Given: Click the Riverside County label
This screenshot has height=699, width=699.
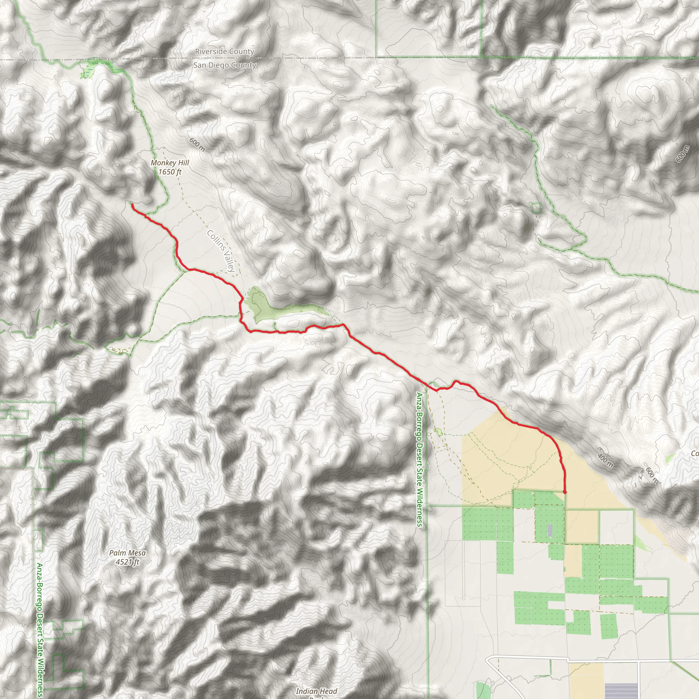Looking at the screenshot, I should pos(224,52).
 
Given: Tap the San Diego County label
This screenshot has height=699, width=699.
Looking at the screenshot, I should pos(224,66).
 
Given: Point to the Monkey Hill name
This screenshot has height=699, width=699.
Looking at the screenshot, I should pos(170,163).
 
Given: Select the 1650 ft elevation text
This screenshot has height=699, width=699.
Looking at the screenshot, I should pos(170,172).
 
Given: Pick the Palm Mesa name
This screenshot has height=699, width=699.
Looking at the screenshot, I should pos(127,553).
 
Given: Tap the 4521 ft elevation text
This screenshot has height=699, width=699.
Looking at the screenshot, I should pos(127,562).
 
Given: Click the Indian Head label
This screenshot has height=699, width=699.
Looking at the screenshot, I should pos(316,691).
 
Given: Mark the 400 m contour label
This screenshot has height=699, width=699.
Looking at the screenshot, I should pos(605,460).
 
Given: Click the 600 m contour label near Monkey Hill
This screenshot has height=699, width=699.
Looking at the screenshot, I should pos(197,145).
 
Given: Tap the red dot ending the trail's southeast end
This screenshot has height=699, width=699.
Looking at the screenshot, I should pos(565,493).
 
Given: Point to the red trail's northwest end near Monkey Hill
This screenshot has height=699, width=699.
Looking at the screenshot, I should pos(132,205).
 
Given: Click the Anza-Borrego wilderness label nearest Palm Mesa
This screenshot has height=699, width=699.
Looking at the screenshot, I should pos(40,629).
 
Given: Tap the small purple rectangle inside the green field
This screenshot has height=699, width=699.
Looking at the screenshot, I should pos(550,530).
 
